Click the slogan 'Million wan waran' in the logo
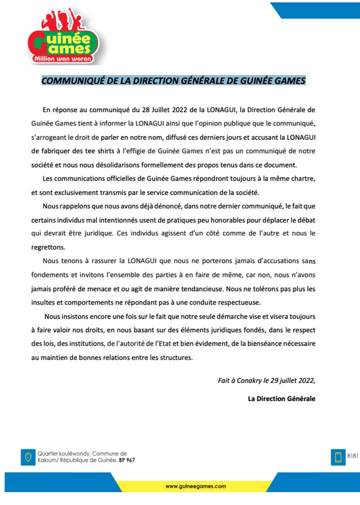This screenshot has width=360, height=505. [x=61, y=58]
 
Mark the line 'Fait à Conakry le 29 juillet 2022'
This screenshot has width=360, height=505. [x=266, y=380]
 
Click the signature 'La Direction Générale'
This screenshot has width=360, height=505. [x=281, y=398]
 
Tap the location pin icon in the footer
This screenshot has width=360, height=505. [x=28, y=456]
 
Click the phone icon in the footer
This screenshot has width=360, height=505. [x=337, y=456]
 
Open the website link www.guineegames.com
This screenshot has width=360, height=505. [x=195, y=485]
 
